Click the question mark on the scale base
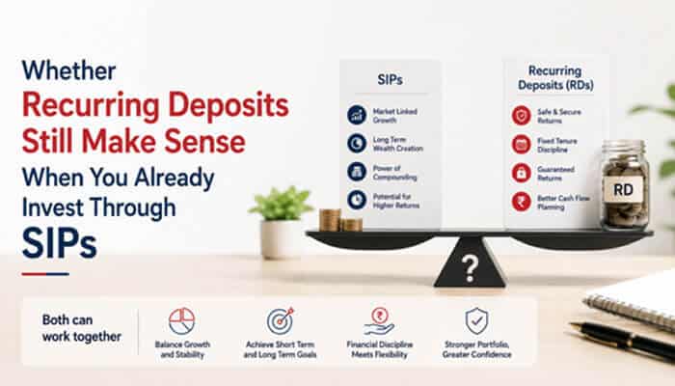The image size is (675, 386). pos(470,269)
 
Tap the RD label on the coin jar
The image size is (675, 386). pos(623,189)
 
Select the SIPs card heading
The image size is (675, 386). pos(390,80)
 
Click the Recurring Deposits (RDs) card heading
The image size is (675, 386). pos(555,77)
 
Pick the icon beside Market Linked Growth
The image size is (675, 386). pos(357,115)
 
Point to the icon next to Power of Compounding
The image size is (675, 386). pos(357,172)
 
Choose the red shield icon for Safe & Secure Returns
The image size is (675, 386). pos(522,116)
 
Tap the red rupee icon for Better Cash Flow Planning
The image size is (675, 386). pos(522,202)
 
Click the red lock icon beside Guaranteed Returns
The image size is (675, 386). pos(522,173)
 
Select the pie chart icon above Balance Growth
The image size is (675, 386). pos(181,321)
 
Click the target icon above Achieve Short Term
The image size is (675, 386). pos(281,321)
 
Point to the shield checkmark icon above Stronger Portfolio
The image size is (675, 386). pos(476,321)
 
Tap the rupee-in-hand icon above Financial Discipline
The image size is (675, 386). pos(379,321)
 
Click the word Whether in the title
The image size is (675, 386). pos(68,70)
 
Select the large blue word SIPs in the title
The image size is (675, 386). pos(60,243)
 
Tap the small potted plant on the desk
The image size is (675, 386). pos(281,222)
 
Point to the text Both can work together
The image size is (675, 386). pos(82,328)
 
